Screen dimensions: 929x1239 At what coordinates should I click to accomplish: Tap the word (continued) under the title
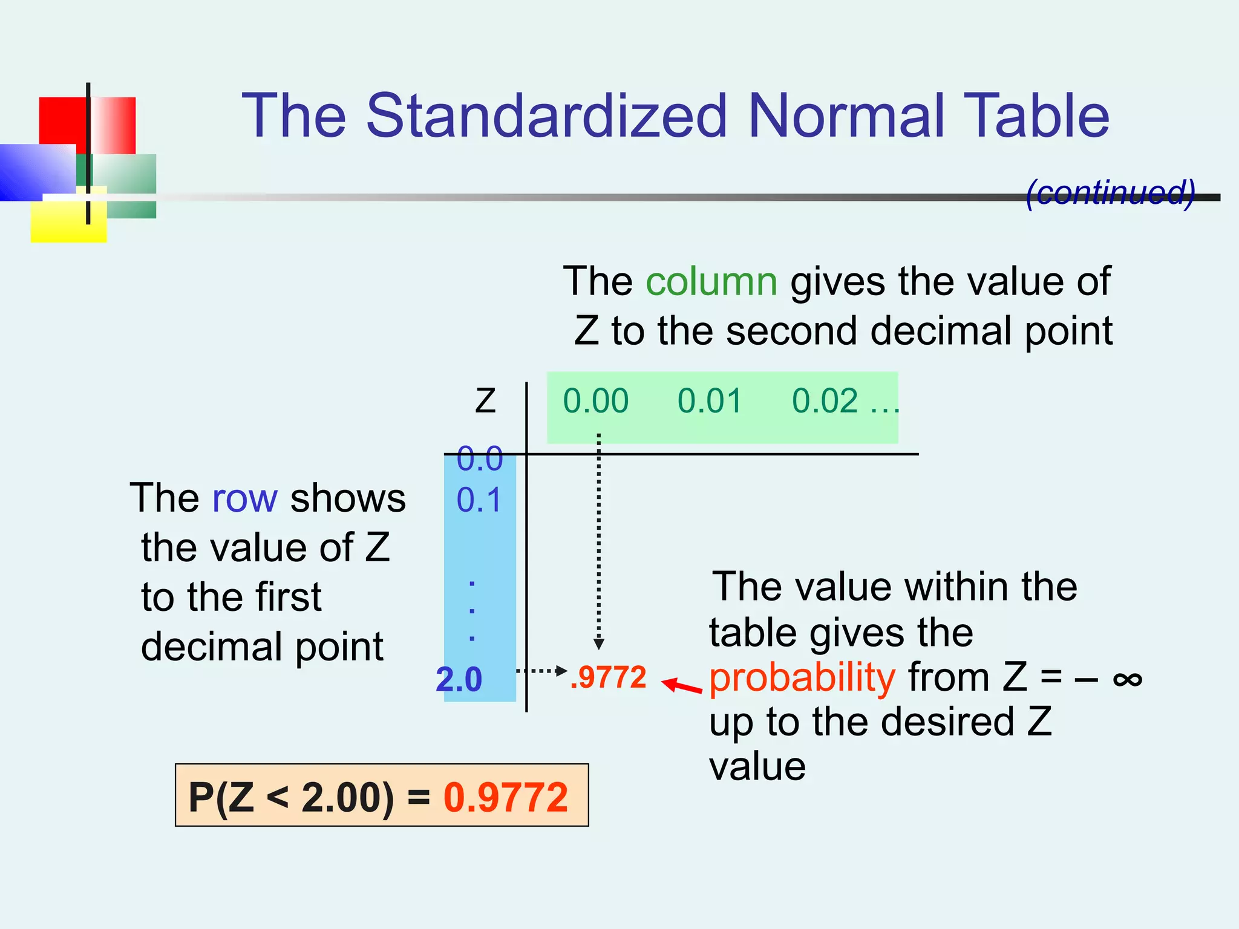tap(1111, 193)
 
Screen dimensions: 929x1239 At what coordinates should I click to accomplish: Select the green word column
tap(711, 281)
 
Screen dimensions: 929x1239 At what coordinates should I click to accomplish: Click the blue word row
tap(245, 498)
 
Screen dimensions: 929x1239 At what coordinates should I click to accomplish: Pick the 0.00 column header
tap(596, 401)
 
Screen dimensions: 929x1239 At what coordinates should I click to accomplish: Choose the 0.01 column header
tap(710, 401)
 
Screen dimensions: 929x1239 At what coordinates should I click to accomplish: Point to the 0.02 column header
tap(825, 401)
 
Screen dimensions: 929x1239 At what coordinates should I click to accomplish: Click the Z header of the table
tap(485, 401)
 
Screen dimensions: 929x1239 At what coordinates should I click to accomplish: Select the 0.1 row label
tap(479, 500)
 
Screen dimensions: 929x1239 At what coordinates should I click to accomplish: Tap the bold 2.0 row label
tap(459, 679)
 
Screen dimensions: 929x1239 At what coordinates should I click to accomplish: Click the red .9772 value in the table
tap(609, 677)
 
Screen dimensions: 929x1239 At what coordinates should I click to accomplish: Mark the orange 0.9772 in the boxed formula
tap(506, 797)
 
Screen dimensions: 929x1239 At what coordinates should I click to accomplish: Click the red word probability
tap(802, 677)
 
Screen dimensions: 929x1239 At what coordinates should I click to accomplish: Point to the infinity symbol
tap(1127, 679)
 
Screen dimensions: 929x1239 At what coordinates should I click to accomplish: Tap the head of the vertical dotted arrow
tap(598, 644)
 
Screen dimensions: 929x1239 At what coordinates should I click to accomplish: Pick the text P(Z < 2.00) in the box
tap(291, 797)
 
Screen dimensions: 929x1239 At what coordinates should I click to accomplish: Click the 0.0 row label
tap(479, 458)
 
